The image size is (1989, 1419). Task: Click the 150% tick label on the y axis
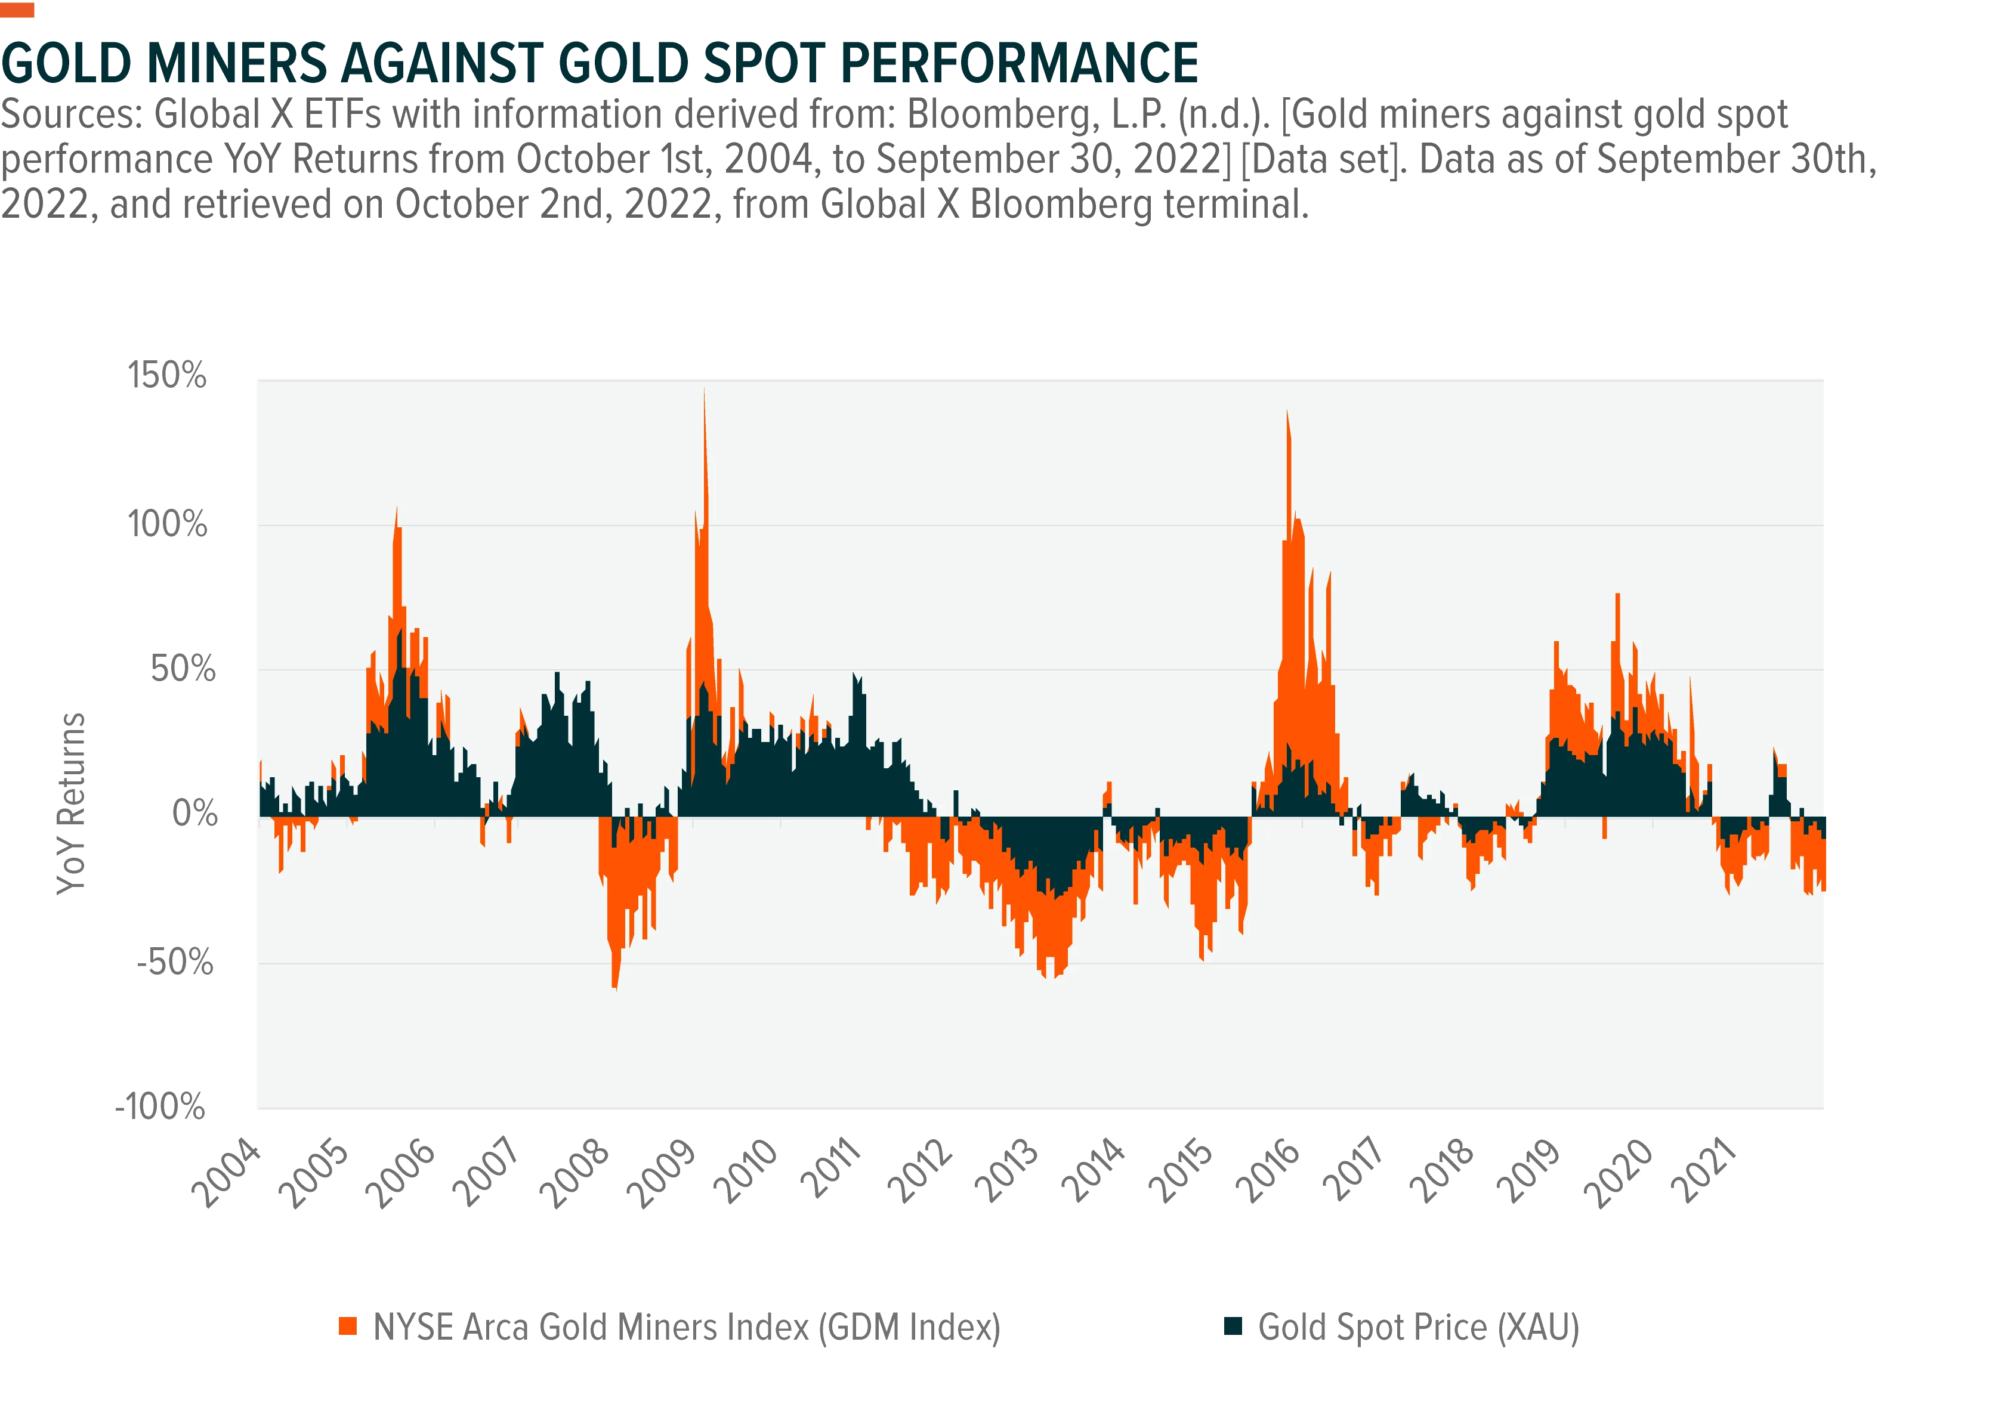[x=167, y=376]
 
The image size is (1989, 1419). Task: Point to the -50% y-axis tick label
[x=175, y=962]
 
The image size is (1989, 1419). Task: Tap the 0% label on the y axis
[x=194, y=814]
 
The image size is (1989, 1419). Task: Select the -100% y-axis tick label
[x=161, y=1106]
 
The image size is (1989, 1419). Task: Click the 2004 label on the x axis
[x=226, y=1173]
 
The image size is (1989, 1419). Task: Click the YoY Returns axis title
[x=72, y=804]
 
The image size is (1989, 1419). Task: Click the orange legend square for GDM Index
[x=348, y=1327]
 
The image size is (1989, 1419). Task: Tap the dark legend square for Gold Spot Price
[x=1233, y=1327]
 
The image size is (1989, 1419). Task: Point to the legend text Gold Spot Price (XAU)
[x=1418, y=1327]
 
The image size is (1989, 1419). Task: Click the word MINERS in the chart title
[x=237, y=63]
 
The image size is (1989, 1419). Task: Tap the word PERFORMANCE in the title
[x=1019, y=63]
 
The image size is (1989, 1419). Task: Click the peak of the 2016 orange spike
[x=1287, y=412]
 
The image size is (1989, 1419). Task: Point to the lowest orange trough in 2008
[x=615, y=988]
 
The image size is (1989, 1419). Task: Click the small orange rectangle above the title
[x=17, y=10]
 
